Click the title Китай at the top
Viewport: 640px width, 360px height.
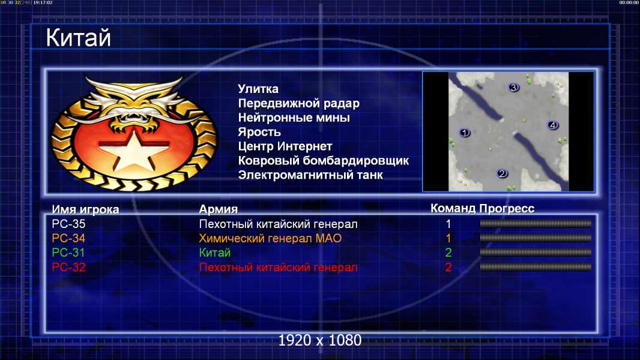click(78, 38)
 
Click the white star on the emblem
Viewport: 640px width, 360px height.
click(133, 149)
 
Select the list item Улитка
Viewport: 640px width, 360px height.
click(258, 89)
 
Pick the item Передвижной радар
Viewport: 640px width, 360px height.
click(299, 104)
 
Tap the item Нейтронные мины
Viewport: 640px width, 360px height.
click(294, 118)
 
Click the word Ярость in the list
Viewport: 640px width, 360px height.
click(259, 132)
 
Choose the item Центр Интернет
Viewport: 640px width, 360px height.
click(285, 146)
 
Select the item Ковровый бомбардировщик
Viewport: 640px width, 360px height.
click(323, 161)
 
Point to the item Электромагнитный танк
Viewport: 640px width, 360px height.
click(310, 175)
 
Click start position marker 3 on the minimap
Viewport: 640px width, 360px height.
click(513, 87)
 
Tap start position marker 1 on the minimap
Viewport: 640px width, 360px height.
click(465, 133)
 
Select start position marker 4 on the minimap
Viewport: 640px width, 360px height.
click(553, 125)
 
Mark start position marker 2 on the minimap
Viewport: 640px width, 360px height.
click(502, 173)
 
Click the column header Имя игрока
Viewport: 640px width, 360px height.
click(85, 209)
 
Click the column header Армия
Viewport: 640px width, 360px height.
click(219, 209)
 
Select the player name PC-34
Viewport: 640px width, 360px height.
click(68, 238)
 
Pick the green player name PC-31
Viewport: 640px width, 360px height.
click(68, 253)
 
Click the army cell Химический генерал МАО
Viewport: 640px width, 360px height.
click(270, 238)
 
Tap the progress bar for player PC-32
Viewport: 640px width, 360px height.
click(536, 267)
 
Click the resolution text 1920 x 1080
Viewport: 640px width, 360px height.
click(320, 340)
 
